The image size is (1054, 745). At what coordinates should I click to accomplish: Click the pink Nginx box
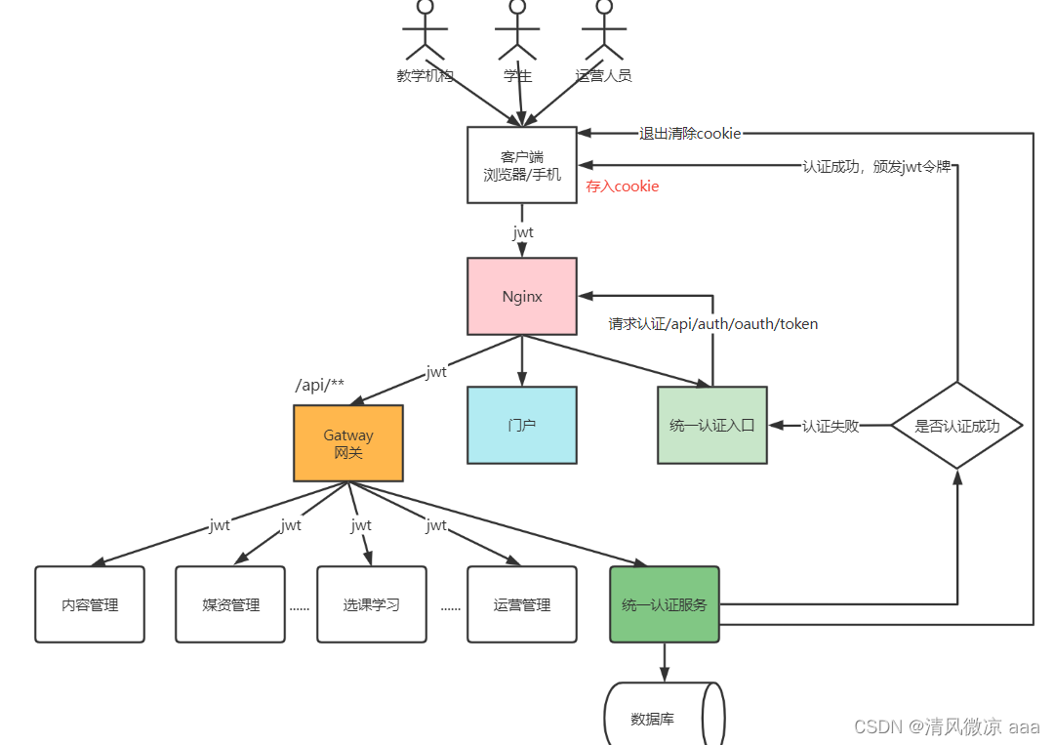(522, 296)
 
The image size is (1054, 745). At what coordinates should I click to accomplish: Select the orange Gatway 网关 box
(348, 443)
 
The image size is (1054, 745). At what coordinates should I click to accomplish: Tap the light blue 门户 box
(522, 425)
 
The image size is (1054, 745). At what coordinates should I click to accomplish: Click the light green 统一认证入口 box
(712, 425)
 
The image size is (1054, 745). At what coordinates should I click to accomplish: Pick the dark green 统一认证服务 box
(665, 604)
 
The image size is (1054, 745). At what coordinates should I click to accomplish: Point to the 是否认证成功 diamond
(957, 426)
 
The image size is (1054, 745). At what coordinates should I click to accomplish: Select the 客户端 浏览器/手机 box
(522, 165)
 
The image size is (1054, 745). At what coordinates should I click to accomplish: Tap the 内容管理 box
(90, 604)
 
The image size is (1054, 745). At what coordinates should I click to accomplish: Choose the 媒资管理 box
(231, 604)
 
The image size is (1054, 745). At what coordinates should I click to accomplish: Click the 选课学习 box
(372, 604)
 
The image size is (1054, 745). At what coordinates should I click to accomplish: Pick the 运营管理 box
(522, 604)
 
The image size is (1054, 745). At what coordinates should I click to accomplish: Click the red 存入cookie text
(623, 186)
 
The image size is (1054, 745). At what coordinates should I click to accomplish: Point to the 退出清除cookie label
(690, 133)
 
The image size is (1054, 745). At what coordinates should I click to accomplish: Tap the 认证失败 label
(831, 426)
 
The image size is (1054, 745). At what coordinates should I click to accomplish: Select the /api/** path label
(320, 385)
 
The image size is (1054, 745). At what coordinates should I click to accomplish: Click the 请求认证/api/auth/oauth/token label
(713, 323)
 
